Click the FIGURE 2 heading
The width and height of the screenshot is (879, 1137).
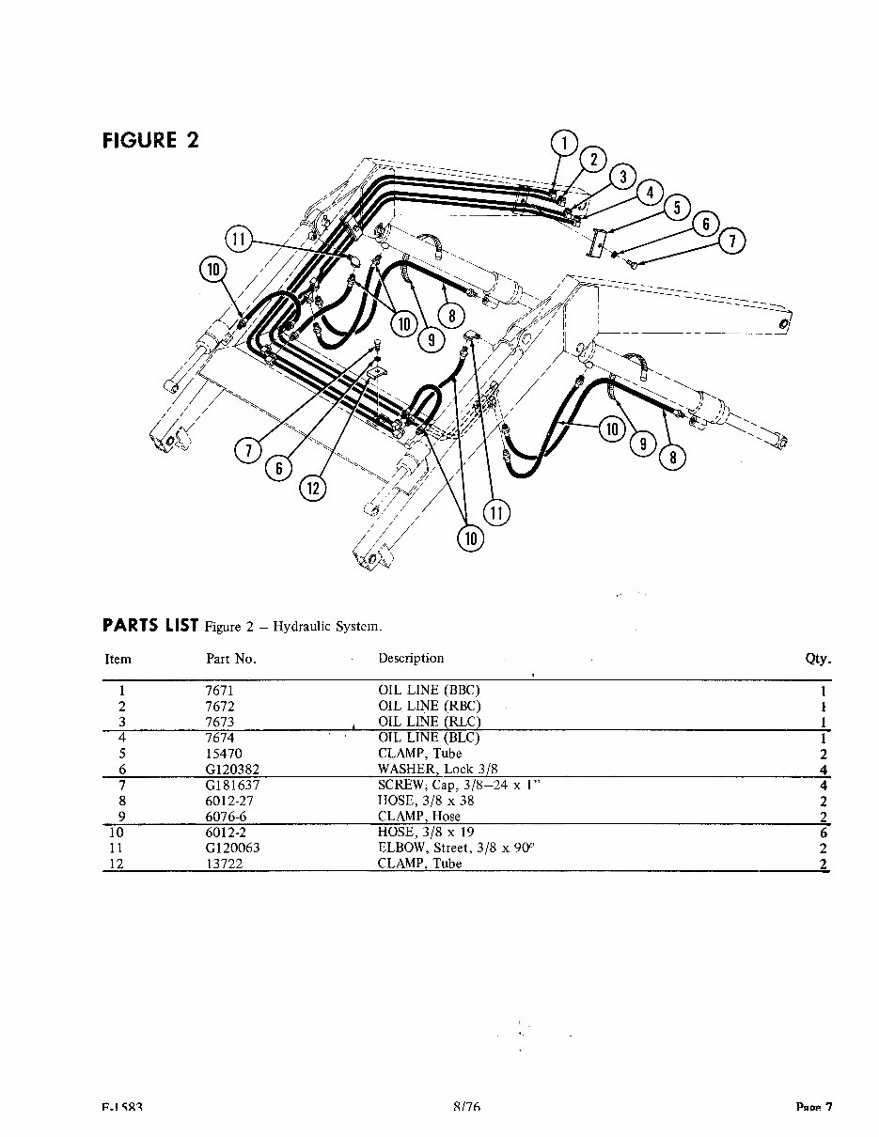150,141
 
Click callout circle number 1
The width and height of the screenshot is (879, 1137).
564,144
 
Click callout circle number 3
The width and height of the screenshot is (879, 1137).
621,176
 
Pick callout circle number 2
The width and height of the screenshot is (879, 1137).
593,159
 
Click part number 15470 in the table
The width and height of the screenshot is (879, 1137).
223,754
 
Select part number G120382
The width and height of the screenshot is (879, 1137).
232,770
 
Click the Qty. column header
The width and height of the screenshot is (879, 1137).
818,659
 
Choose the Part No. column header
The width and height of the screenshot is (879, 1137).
230,659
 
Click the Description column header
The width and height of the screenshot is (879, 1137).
411,658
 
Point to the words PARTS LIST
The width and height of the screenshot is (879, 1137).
150,626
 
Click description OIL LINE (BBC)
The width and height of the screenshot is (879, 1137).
429,690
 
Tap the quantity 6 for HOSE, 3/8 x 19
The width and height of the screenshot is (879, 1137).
823,833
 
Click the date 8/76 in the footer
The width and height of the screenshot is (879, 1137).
466,1107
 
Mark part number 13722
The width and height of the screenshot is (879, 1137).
222,864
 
